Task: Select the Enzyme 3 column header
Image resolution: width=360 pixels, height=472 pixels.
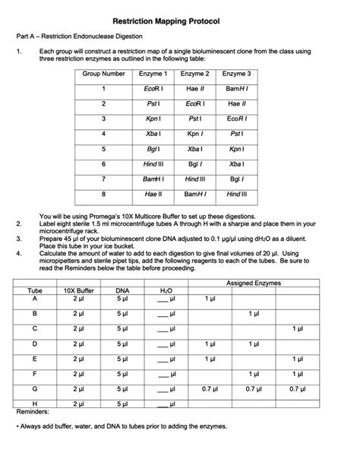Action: point(236,74)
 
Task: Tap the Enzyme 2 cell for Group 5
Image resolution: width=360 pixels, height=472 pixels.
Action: point(194,149)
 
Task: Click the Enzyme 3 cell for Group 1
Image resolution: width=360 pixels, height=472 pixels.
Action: point(236,89)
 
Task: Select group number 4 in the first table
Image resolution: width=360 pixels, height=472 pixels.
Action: point(104,134)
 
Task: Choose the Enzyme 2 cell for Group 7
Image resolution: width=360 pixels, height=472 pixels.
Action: point(194,179)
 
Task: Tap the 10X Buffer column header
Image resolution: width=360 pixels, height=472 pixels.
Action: point(78,291)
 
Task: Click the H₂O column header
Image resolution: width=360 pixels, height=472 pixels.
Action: point(166,291)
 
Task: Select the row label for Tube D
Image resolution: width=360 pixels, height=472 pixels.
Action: point(35,344)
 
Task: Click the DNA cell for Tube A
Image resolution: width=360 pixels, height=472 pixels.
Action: point(122,299)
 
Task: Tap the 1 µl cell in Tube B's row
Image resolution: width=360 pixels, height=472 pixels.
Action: point(254,313)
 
